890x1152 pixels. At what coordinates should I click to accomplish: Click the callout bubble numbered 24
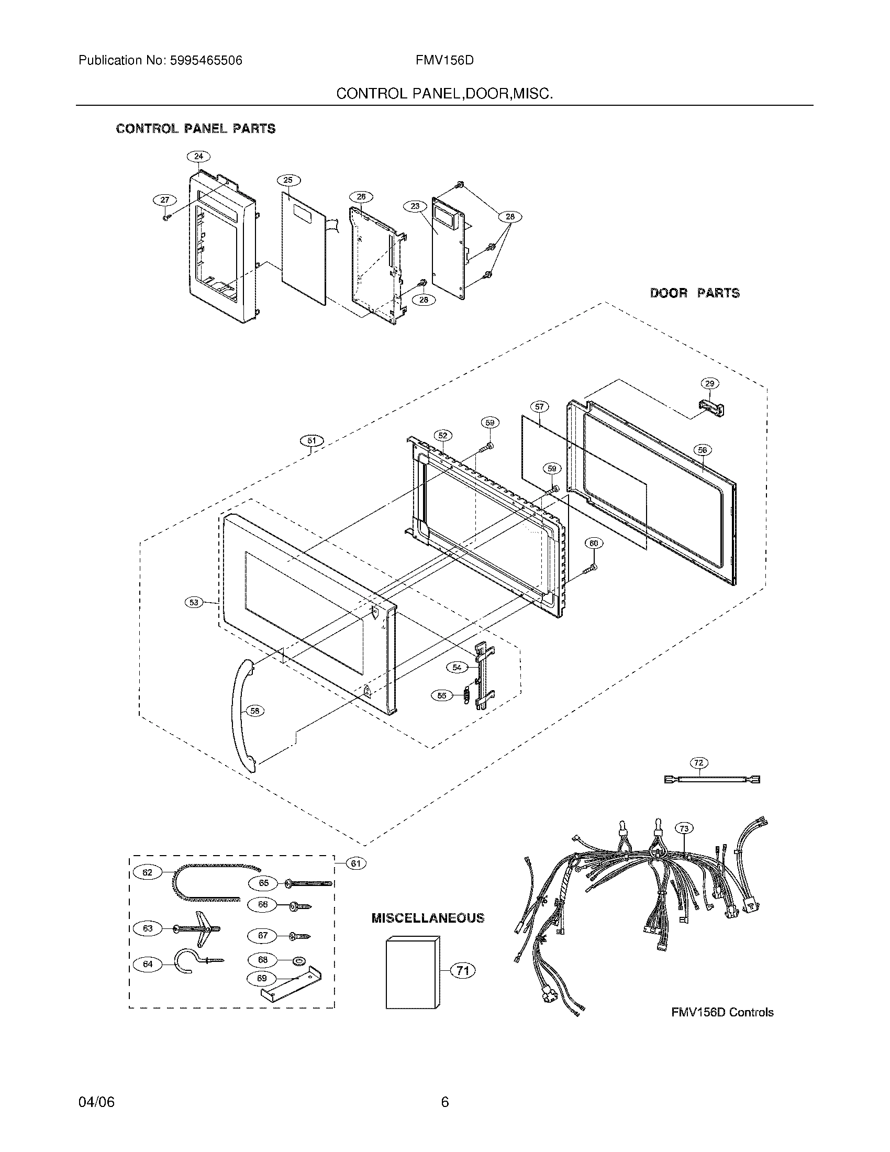(x=198, y=156)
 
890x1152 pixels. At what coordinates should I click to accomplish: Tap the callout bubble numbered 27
(x=165, y=200)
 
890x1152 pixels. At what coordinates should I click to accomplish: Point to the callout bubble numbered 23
(x=415, y=206)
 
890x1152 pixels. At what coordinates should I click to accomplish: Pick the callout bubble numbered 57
(x=539, y=407)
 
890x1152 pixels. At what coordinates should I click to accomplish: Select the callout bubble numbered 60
(x=593, y=544)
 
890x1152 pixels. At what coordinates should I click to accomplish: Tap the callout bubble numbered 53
(x=195, y=602)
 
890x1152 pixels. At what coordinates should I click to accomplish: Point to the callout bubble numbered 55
(x=442, y=696)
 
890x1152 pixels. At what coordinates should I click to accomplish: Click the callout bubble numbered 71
(x=462, y=970)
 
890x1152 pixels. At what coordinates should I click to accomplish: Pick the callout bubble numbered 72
(x=698, y=763)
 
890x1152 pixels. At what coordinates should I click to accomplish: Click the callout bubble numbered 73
(x=684, y=829)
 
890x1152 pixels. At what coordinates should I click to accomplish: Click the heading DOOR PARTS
(x=694, y=293)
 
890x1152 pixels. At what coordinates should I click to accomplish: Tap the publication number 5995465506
(x=206, y=61)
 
